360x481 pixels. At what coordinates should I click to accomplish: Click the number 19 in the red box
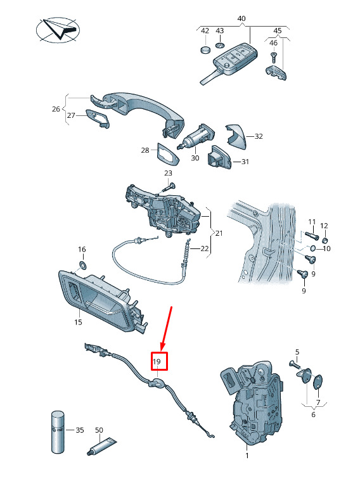point(157,362)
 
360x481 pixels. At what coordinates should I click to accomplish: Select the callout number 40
point(241,19)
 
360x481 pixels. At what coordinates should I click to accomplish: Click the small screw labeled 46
point(273,56)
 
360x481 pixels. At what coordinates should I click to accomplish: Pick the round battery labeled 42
point(205,49)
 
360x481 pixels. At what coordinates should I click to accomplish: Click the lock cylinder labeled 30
point(196,137)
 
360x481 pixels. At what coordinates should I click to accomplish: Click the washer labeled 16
point(82,264)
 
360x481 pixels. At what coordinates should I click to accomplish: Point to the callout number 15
point(78,322)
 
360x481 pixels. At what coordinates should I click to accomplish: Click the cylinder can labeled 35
point(58,432)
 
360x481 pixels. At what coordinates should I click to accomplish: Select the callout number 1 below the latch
point(247,456)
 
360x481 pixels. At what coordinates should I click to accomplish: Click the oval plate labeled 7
point(318,381)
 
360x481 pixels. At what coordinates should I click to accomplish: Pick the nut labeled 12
point(325,240)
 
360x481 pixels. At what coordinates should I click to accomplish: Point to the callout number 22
point(205,248)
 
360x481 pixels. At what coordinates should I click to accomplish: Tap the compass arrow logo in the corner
point(58,30)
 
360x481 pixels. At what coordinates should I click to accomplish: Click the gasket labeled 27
point(97,118)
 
